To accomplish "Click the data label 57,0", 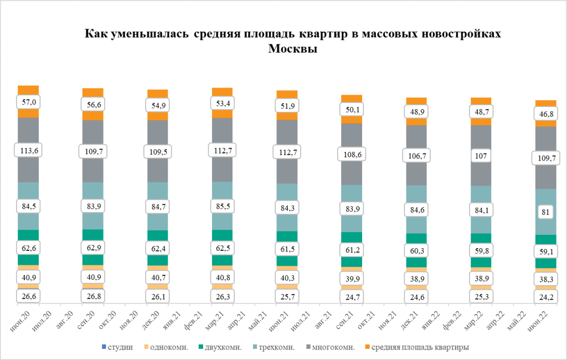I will [28, 102].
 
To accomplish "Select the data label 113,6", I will [28, 150].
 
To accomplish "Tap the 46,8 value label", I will [545, 114].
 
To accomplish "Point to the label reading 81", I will [545, 211].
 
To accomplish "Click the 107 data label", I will [481, 156].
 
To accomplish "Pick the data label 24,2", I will [545, 297].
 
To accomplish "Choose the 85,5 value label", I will [222, 206].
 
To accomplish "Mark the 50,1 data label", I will [352, 109].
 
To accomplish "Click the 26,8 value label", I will [92, 296].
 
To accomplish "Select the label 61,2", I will [352, 250].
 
